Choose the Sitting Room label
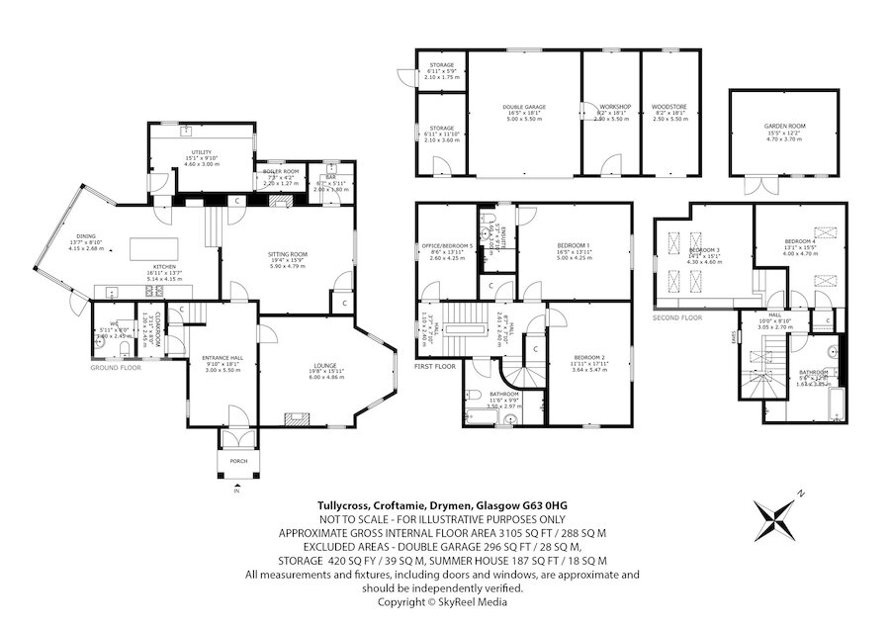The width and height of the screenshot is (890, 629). click(288, 254)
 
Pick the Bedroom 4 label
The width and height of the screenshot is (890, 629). click(802, 241)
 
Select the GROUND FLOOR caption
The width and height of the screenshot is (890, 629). click(118, 367)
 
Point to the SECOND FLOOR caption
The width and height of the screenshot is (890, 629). click(677, 318)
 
